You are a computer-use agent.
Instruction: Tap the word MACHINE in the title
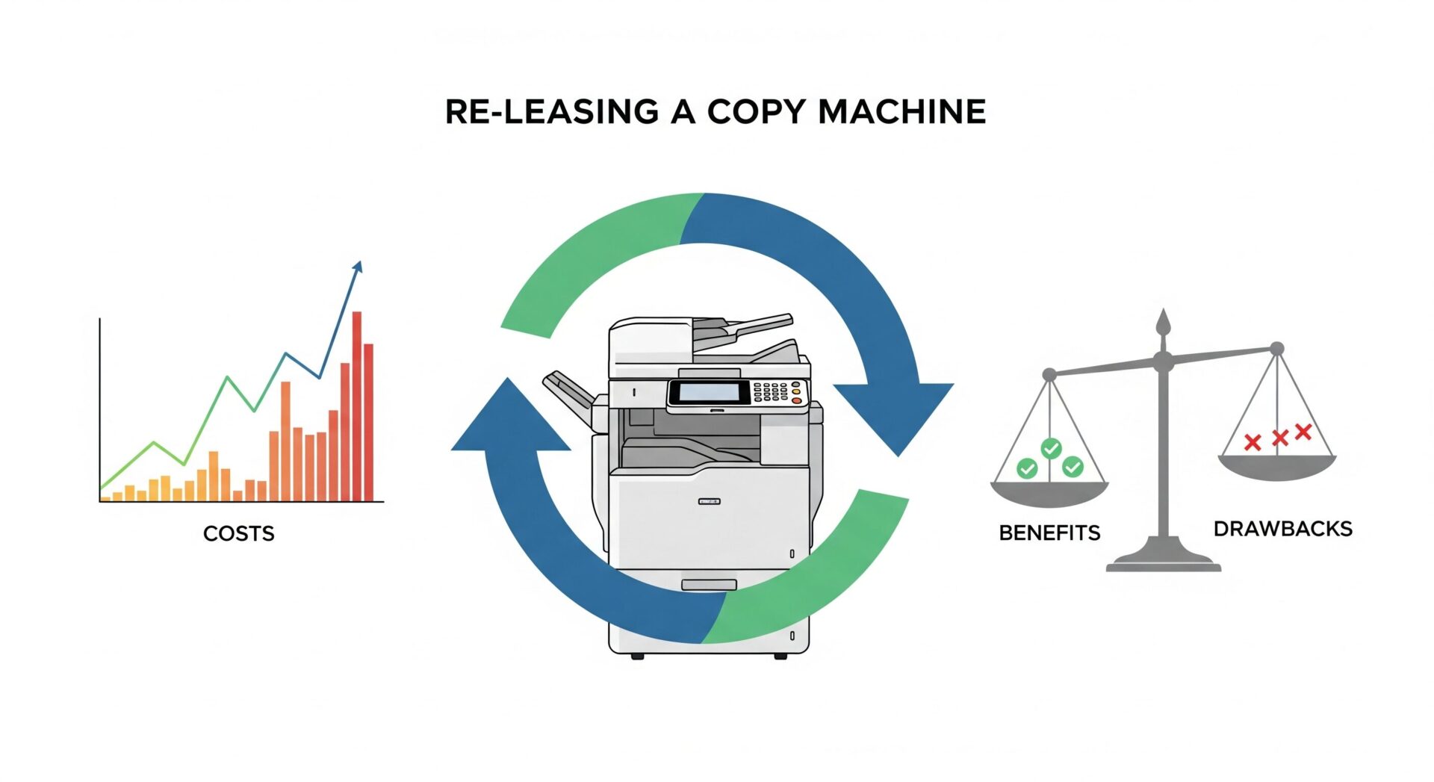tap(901, 112)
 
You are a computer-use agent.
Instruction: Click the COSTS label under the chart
tap(238, 533)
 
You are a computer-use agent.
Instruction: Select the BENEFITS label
tap(1049, 533)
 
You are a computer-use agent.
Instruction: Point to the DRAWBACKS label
tap(1282, 529)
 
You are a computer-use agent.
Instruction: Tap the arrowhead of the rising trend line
tap(358, 267)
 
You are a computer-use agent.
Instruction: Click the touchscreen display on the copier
tap(708, 392)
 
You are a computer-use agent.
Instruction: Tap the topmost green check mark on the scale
tap(1051, 448)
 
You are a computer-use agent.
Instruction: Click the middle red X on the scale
tap(1280, 438)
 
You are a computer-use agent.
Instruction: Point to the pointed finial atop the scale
tap(1162, 323)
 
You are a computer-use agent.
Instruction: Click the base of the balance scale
tap(1163, 560)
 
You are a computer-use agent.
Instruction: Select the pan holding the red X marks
tap(1276, 467)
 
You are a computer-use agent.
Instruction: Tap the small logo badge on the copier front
tap(709, 501)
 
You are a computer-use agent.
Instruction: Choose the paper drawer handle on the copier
tap(709, 584)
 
